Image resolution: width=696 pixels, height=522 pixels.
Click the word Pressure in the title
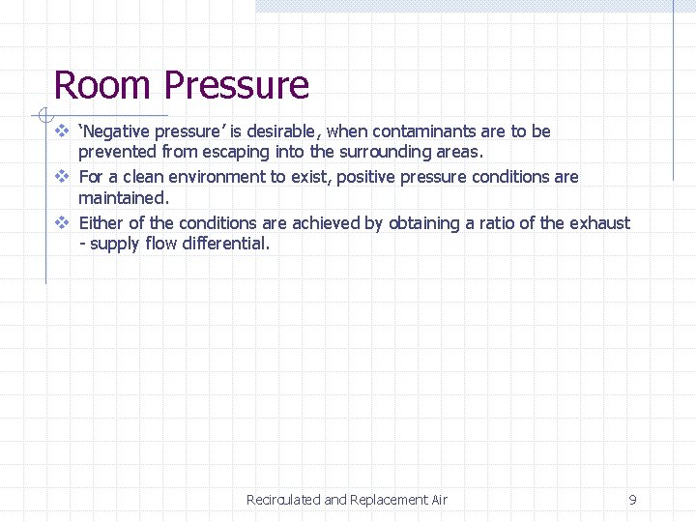pos(236,85)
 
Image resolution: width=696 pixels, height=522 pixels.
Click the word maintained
pos(123,197)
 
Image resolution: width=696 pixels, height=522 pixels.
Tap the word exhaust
pos(599,223)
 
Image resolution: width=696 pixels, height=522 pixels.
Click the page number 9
pos(632,500)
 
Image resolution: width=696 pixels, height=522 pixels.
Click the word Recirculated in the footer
pos(283,500)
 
